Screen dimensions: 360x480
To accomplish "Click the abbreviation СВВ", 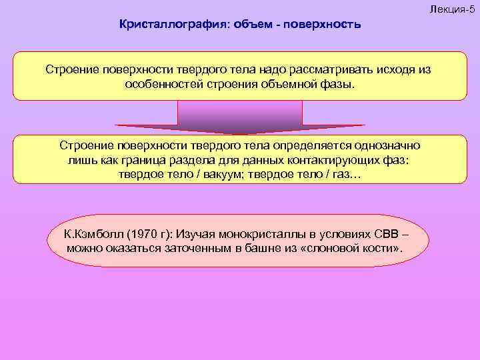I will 387,235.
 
